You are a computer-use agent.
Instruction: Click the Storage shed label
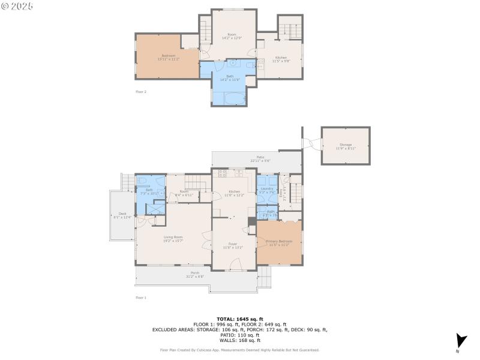[x=346, y=145]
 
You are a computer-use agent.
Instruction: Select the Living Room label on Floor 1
[x=173, y=237]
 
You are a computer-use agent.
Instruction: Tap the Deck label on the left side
[x=122, y=214]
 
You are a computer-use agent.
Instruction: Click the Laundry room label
[x=267, y=188]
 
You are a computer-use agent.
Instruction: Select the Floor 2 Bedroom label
[x=168, y=56]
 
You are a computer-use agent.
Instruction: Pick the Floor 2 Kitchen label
[x=281, y=58]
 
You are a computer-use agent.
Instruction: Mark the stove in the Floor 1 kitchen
[x=223, y=174]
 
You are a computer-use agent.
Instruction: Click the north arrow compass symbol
[x=460, y=340]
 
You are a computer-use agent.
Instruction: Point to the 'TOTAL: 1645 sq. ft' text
[x=240, y=319]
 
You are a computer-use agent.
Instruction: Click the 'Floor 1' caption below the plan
[x=141, y=298]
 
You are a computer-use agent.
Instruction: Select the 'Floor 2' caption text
[x=141, y=92]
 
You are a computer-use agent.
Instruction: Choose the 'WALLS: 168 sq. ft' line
[x=240, y=340]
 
